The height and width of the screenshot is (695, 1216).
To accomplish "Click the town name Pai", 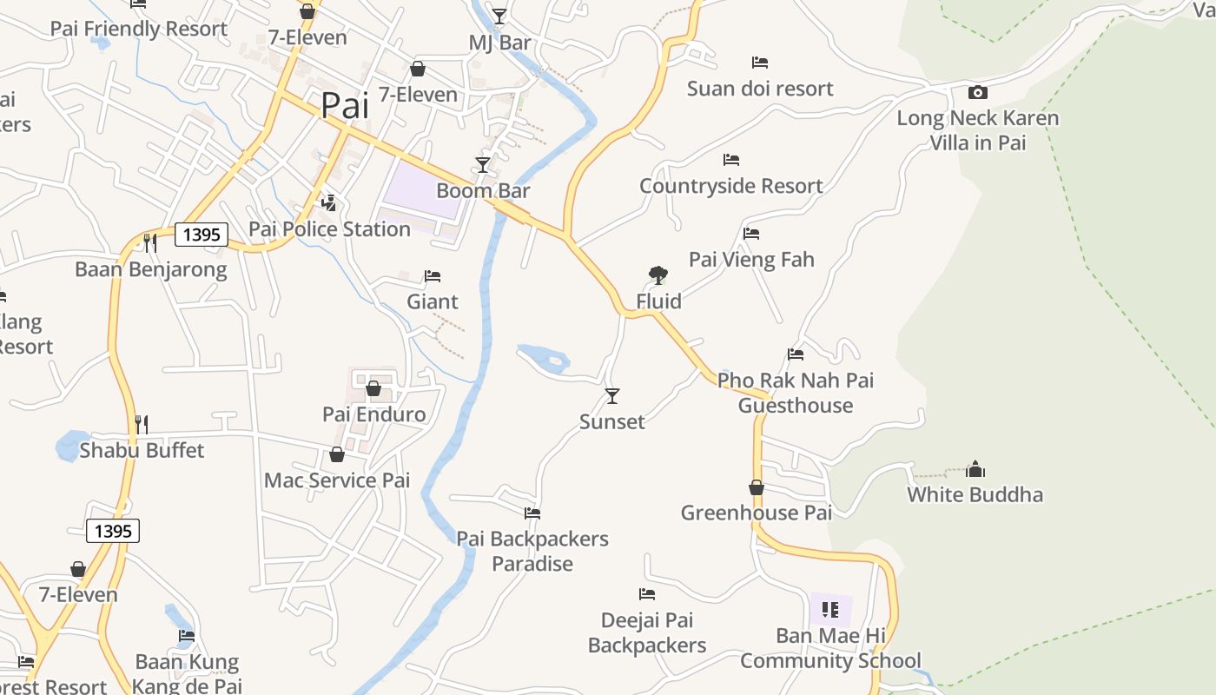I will click(345, 106).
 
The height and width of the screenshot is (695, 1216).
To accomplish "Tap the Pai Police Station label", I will click(329, 229).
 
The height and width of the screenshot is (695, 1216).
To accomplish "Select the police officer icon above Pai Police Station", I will click(328, 203).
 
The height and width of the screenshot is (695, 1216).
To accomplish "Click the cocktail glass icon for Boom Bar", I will click(483, 164).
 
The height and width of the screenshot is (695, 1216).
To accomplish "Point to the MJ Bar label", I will click(499, 43).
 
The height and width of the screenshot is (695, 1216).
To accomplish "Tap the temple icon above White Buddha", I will click(975, 470).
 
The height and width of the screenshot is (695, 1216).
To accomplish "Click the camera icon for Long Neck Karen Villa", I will click(977, 92).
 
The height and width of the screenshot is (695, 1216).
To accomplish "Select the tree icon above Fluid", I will click(658, 276).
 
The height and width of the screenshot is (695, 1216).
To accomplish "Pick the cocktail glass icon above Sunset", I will click(612, 396).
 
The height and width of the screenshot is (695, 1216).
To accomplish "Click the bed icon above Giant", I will click(433, 276).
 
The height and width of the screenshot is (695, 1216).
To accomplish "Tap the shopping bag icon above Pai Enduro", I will click(373, 388).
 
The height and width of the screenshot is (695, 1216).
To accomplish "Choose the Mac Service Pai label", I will click(337, 480).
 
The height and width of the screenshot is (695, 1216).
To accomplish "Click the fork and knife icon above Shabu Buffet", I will click(142, 424).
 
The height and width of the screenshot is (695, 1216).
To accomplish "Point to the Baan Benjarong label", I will click(151, 269).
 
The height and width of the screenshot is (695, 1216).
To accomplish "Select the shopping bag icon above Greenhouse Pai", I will click(757, 487).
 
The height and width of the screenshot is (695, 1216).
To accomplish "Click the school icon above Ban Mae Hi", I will click(830, 609).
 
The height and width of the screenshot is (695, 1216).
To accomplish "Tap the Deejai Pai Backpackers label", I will click(647, 632).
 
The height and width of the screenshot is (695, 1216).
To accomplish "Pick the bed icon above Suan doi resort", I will click(760, 63).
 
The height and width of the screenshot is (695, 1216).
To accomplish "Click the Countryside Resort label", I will click(731, 186).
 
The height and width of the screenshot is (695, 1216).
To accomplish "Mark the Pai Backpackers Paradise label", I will click(532, 551).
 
